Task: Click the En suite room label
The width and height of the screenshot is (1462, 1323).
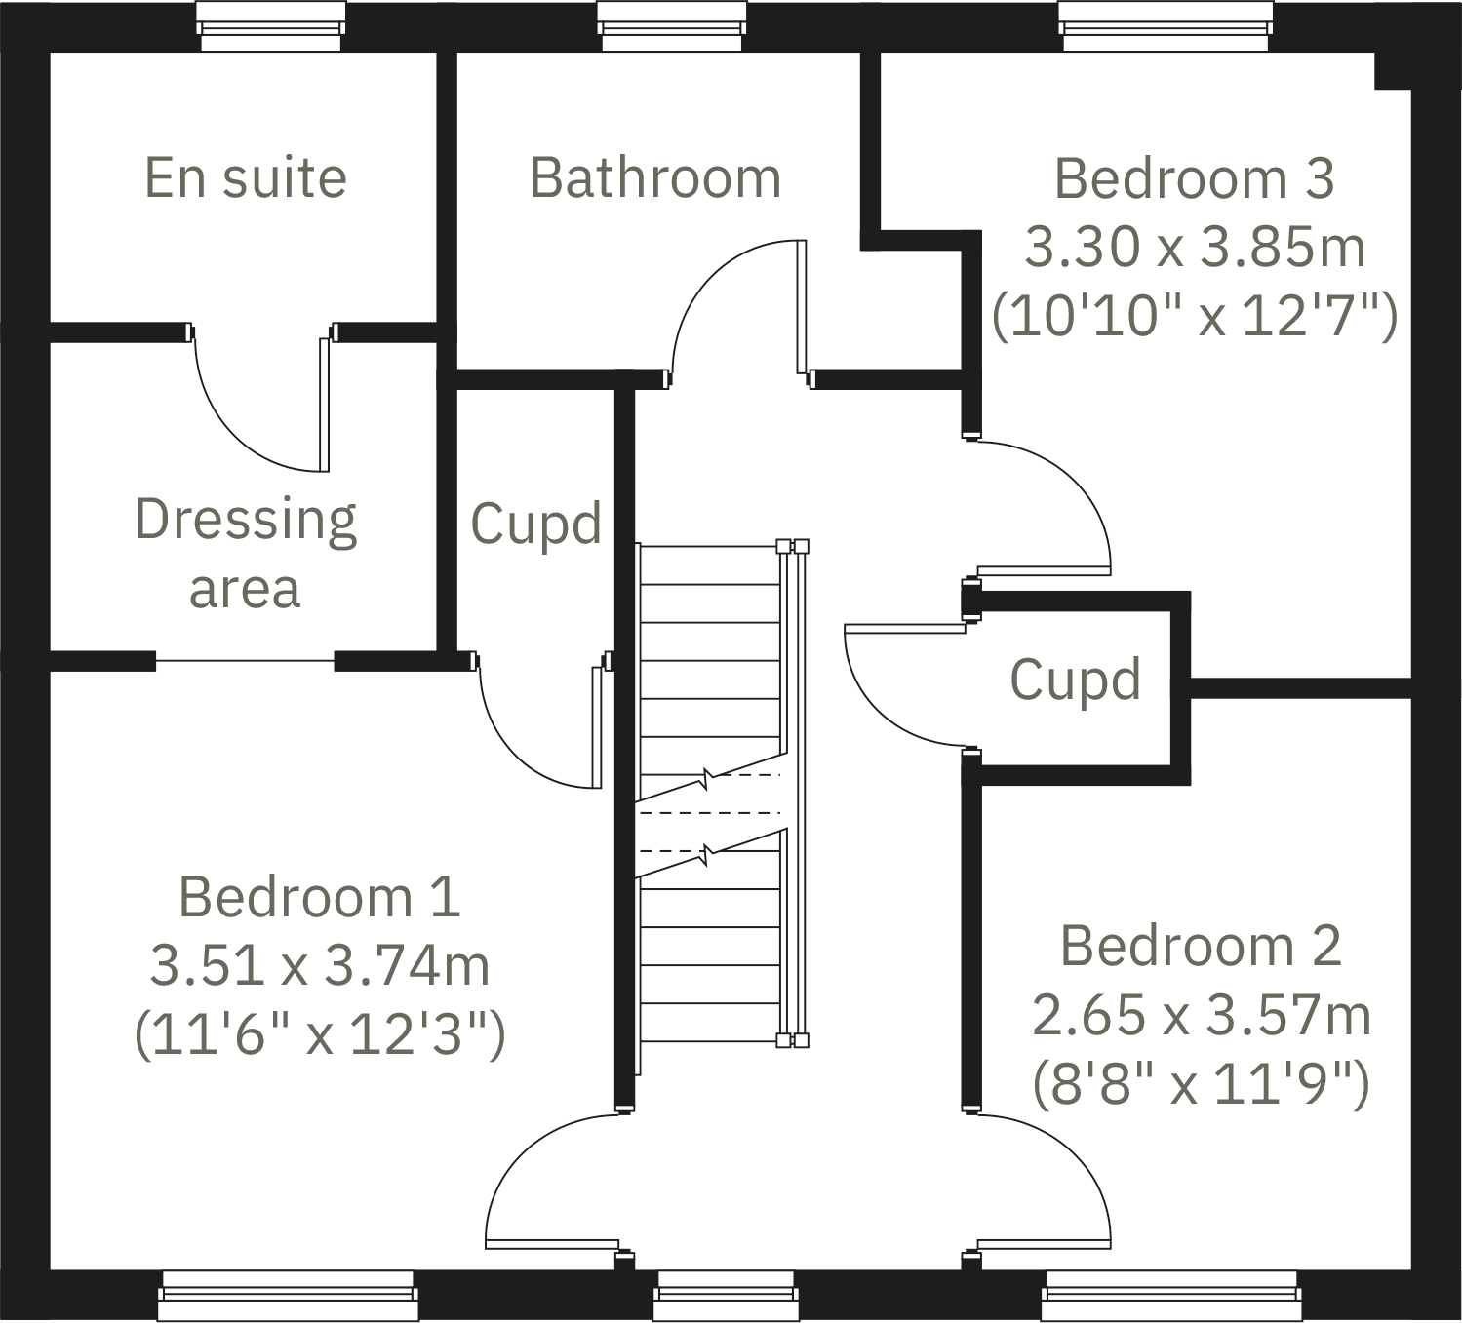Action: point(246,177)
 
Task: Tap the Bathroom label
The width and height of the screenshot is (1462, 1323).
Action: point(655,177)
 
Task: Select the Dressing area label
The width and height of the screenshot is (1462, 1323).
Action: point(246,553)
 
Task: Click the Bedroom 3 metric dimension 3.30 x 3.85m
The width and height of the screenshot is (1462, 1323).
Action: point(1195,248)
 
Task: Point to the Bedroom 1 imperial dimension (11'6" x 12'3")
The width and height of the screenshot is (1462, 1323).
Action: point(320,1034)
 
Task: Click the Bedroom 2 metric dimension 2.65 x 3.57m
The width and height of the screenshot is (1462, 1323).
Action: point(1202,1016)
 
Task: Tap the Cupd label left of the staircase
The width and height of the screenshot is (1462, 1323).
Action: point(536,525)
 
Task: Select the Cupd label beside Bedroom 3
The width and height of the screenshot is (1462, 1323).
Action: point(1075,680)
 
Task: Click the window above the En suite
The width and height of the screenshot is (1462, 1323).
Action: point(270,25)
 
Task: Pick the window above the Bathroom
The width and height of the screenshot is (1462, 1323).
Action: point(672,25)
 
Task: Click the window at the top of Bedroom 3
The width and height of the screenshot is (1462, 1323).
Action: point(1166,25)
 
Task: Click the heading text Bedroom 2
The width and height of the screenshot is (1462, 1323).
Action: point(1202,946)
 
